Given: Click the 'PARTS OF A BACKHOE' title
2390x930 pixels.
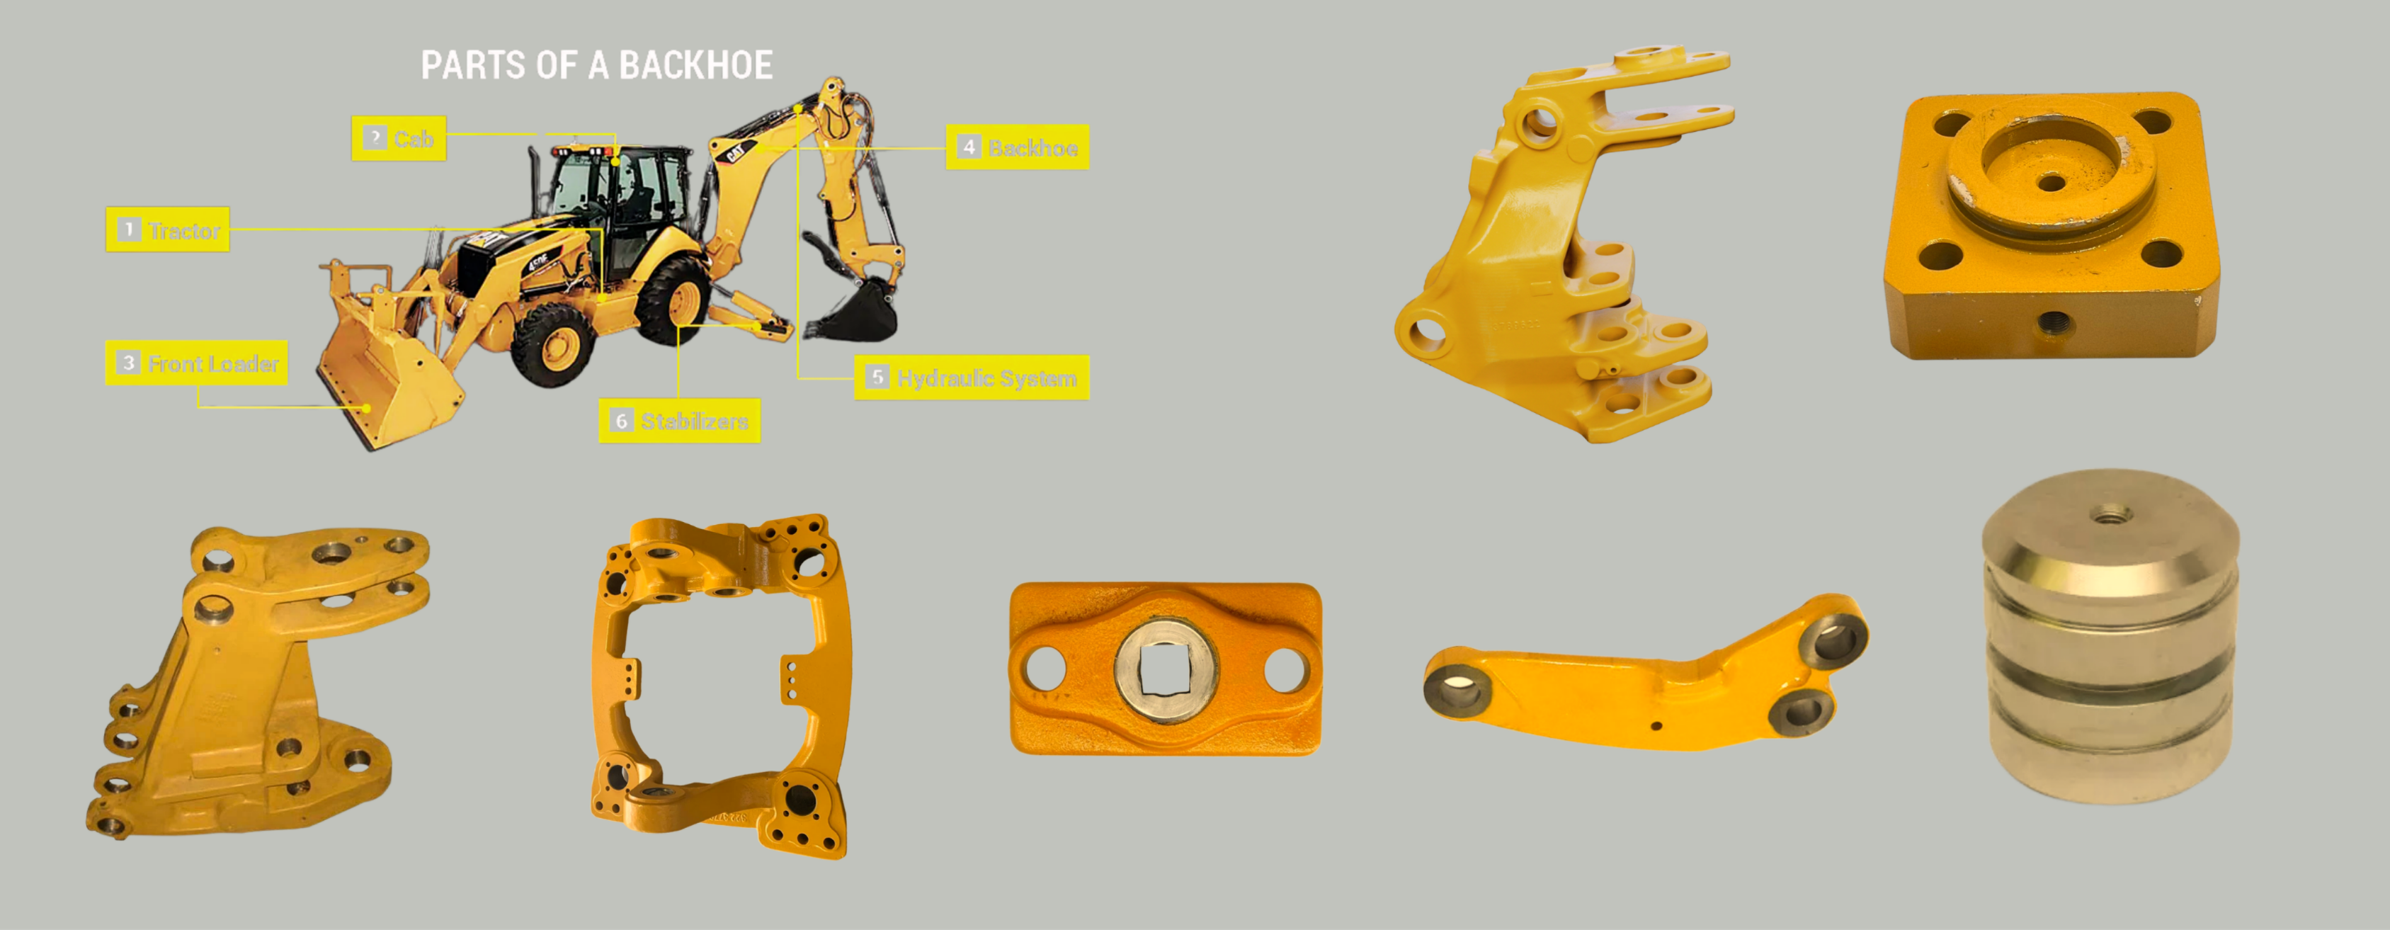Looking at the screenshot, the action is point(596,65).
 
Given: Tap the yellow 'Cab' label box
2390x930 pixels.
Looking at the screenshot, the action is point(399,138).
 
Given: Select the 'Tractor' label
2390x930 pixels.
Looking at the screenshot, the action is point(168,229).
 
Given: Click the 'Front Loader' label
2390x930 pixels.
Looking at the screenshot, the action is point(197,363).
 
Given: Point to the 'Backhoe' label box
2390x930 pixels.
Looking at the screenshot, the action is point(1018,147).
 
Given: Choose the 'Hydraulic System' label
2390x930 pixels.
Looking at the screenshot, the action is point(972,378).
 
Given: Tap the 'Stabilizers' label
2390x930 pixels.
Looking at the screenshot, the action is point(680,421).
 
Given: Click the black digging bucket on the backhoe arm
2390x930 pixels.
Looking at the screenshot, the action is point(853,310).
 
